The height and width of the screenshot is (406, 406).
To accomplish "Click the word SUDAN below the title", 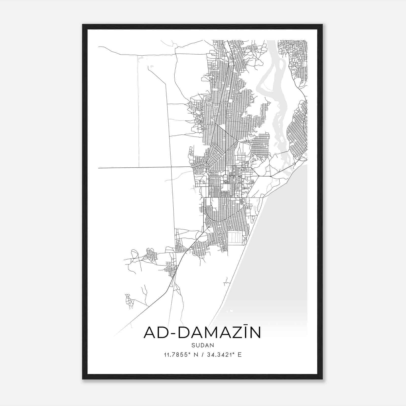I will [x=203, y=345].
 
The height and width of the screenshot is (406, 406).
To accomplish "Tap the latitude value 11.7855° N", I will [x=181, y=355].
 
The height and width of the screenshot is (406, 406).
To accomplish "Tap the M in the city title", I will [x=208, y=333].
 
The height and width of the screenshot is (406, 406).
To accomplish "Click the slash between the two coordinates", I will [x=202, y=355].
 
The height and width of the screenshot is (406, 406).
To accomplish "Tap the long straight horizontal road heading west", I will [x=142, y=167].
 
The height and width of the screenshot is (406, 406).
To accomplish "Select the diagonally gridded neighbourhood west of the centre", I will [x=216, y=152].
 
